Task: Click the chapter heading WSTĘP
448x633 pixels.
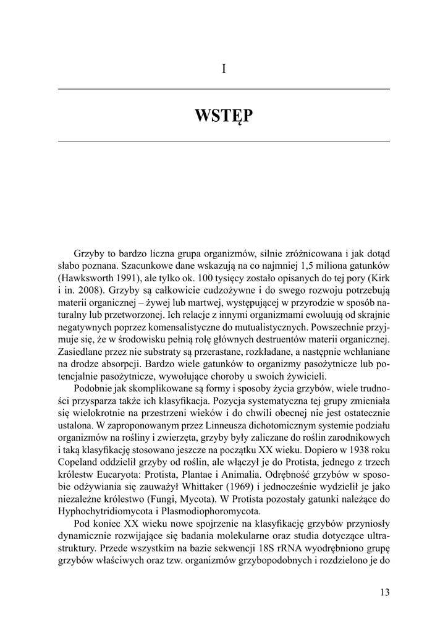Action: coord(224,116)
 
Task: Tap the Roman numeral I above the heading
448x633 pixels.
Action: coord(224,69)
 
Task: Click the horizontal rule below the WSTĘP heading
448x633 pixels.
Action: coord(224,142)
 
